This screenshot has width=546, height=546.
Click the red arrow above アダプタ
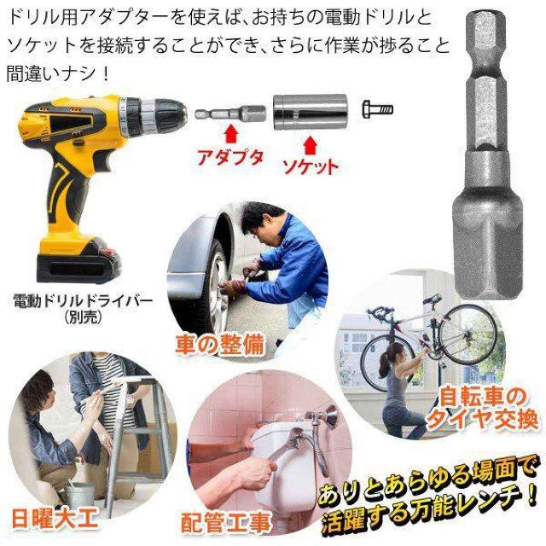pos(231,134)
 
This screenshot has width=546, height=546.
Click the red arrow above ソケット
pos(309,146)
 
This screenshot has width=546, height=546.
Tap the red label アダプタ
pos(230,158)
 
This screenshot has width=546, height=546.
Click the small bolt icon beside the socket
pos(378,109)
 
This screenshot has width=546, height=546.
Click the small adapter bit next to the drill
pos(229,113)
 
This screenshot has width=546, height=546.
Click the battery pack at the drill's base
pos(78,260)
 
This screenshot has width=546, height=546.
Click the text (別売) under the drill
pos(83,317)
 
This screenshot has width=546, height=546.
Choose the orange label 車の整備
pos(219,345)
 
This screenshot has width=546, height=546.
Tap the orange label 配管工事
pos(225,522)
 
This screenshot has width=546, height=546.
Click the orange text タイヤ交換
pos(482,418)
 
